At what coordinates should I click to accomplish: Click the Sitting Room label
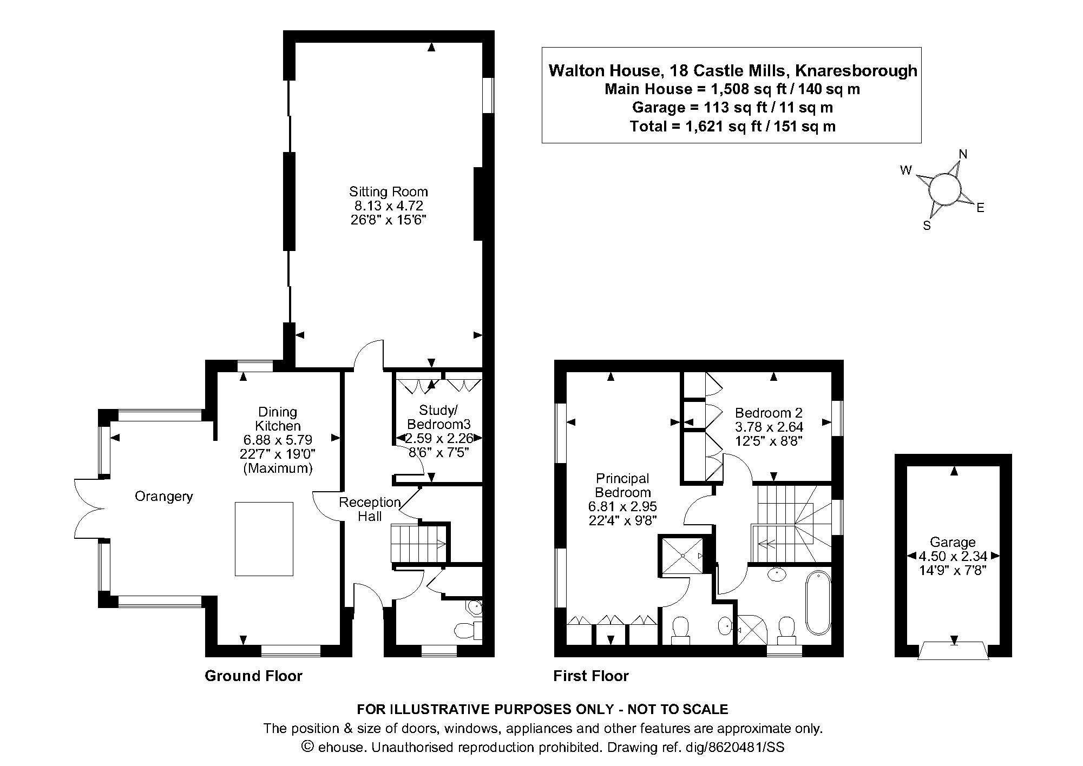click(x=388, y=191)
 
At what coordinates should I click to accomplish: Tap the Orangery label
click(x=163, y=497)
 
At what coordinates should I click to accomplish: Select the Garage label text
click(x=953, y=542)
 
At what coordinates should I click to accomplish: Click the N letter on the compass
click(x=963, y=154)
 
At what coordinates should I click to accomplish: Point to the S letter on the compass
click(x=927, y=226)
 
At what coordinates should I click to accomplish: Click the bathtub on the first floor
click(x=818, y=603)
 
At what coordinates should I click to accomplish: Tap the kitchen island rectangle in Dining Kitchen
click(x=264, y=539)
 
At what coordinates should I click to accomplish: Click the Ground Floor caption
click(x=253, y=676)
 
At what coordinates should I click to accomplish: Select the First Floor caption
click(x=590, y=676)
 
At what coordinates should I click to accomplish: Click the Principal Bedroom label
click(x=622, y=485)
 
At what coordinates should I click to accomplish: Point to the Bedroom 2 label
click(x=769, y=413)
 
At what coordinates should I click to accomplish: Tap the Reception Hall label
click(x=370, y=509)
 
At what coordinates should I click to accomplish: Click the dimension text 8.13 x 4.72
click(x=388, y=206)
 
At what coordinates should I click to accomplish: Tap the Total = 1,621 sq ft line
click(x=732, y=127)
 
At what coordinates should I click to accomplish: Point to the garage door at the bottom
click(x=954, y=650)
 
